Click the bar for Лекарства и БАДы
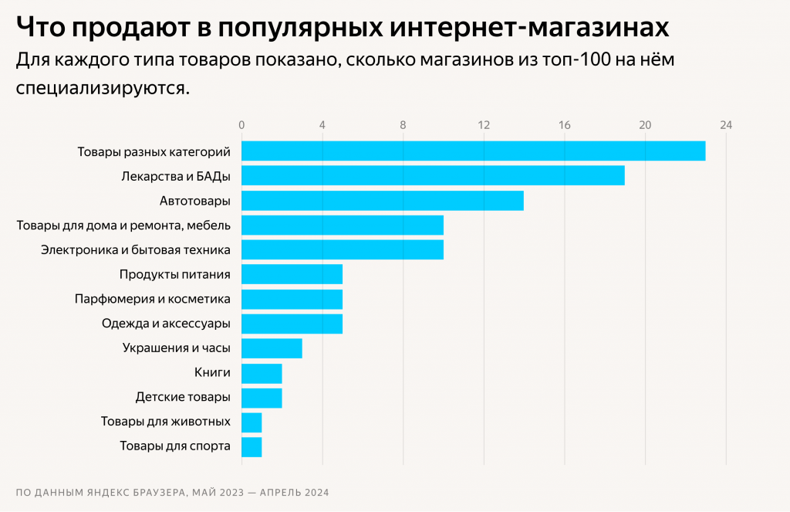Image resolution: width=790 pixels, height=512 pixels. [433, 175]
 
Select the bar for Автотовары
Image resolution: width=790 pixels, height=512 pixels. [383, 201]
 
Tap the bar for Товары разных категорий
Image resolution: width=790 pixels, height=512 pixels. [473, 151]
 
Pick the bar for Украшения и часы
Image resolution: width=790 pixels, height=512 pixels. [272, 348]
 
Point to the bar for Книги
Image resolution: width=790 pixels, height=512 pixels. [262, 374]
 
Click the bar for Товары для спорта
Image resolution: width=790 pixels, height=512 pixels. [252, 447]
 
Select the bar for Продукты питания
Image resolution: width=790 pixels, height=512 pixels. [292, 274]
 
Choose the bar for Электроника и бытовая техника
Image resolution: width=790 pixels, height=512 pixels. [343, 249]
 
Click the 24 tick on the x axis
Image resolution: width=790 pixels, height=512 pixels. [725, 125]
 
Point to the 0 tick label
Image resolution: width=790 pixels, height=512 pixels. [241, 125]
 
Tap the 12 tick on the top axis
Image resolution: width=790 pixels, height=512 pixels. [484, 125]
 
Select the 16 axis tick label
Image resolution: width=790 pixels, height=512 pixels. [565, 125]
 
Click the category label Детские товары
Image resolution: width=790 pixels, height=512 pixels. [183, 397]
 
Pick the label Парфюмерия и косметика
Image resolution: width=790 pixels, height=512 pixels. [153, 298]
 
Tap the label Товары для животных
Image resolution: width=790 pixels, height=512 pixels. [166, 422]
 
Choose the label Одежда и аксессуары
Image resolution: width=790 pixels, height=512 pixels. [166, 324]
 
